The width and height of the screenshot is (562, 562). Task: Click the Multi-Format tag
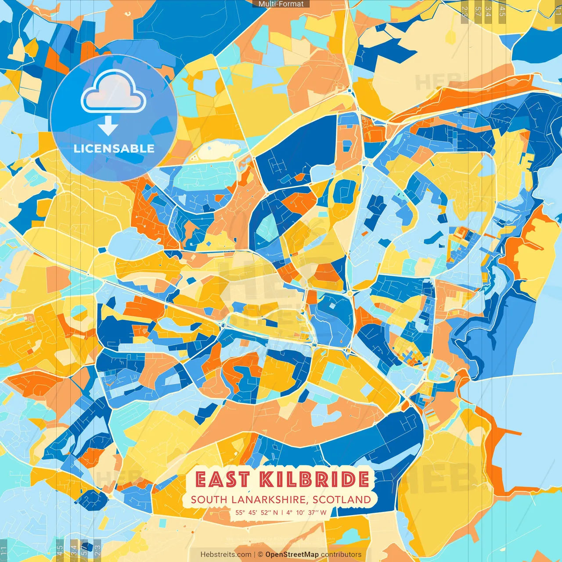point(281,4)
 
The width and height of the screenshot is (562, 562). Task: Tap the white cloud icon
point(114,93)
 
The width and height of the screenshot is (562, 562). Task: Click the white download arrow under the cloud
point(108,126)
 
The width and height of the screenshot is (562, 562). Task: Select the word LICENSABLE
point(114,148)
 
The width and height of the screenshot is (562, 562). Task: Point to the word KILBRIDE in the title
point(314,479)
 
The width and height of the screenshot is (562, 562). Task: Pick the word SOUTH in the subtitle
point(209,500)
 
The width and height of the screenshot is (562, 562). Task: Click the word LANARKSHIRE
point(272,500)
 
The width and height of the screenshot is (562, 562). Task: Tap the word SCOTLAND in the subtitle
point(342,500)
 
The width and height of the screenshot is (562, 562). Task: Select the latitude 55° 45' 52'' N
point(256,512)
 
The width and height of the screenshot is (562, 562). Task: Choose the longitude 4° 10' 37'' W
point(306,512)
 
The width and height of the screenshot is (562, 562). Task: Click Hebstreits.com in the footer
point(226,555)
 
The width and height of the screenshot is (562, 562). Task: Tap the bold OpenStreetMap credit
point(292,555)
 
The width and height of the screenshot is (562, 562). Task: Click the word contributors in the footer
point(341,555)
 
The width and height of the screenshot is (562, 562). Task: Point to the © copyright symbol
point(260,555)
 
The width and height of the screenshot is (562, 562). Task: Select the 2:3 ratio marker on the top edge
point(465,11)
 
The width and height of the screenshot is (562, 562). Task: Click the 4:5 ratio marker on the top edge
point(502,11)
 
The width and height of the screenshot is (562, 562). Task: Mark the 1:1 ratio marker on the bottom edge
point(4,551)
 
